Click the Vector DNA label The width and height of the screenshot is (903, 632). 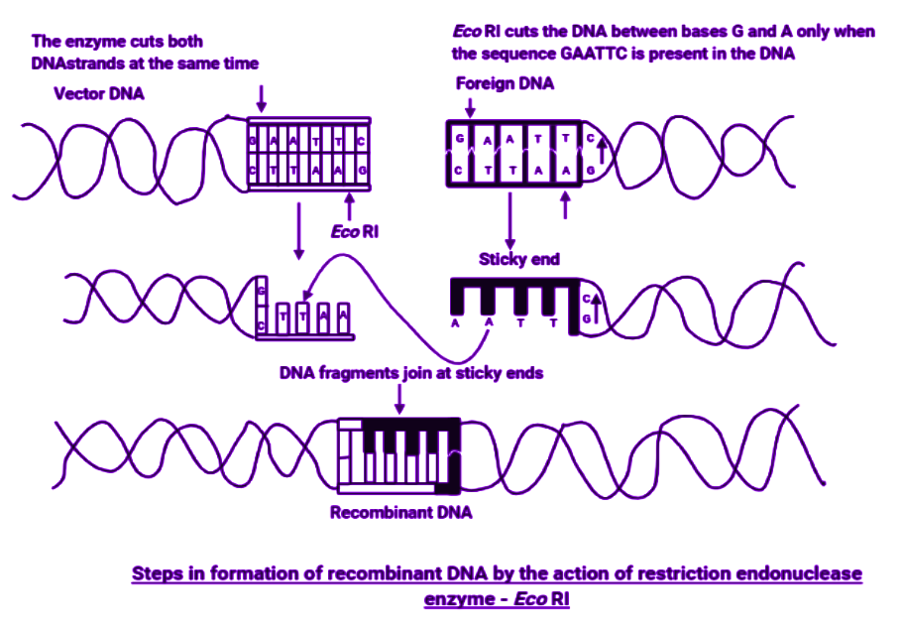click(x=98, y=93)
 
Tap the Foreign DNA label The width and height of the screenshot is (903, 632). click(x=505, y=83)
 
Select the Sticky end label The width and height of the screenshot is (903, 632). click(x=518, y=259)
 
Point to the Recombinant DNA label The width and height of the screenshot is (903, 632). click(x=400, y=512)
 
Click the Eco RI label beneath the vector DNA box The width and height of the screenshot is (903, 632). click(x=355, y=231)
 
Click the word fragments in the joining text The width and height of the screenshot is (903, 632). click(x=358, y=373)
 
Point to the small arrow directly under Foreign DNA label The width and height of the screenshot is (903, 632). click(x=471, y=107)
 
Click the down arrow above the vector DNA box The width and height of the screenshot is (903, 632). click(x=262, y=98)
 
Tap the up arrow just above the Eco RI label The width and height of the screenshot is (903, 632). click(x=349, y=205)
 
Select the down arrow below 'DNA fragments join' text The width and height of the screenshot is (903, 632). click(x=399, y=399)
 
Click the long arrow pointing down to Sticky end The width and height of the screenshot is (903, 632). click(x=509, y=221)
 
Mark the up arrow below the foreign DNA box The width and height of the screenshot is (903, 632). click(x=566, y=204)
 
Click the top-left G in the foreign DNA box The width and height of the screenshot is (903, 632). click(x=460, y=138)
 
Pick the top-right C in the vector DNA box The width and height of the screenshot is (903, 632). click(x=361, y=141)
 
